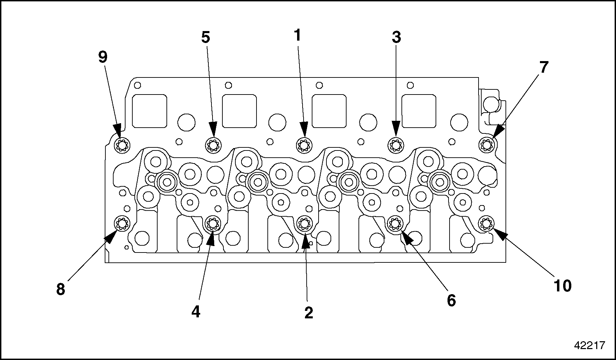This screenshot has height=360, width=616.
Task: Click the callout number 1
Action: [298, 35]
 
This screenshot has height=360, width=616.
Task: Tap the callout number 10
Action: [562, 286]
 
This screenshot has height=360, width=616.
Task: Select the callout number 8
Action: [60, 289]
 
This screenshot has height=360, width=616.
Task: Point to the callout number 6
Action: [451, 300]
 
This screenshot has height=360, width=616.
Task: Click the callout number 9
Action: [103, 57]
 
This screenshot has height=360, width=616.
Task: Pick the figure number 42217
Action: [589, 345]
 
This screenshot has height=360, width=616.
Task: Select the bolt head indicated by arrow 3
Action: [395, 145]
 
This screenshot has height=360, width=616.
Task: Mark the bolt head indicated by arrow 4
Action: [213, 224]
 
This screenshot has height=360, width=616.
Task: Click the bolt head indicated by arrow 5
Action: [213, 145]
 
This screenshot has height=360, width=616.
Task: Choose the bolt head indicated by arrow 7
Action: [487, 145]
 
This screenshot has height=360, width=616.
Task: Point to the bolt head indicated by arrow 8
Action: [122, 224]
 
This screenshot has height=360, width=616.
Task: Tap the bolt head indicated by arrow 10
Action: [486, 224]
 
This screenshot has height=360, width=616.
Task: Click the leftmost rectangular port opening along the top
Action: [149, 111]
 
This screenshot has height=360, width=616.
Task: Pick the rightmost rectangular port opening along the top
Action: [419, 111]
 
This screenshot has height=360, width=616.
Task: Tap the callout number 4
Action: [195, 312]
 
